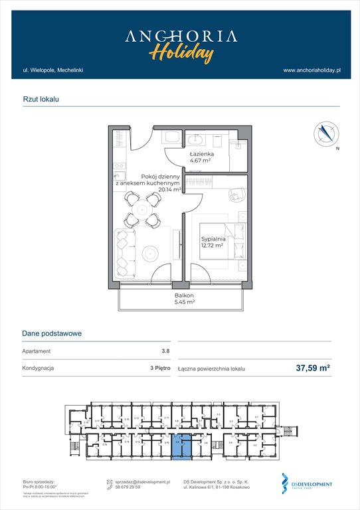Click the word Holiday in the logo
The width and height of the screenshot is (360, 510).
point(181,52)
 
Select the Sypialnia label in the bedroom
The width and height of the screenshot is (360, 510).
point(214,238)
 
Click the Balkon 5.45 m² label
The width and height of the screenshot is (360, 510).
point(184,298)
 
